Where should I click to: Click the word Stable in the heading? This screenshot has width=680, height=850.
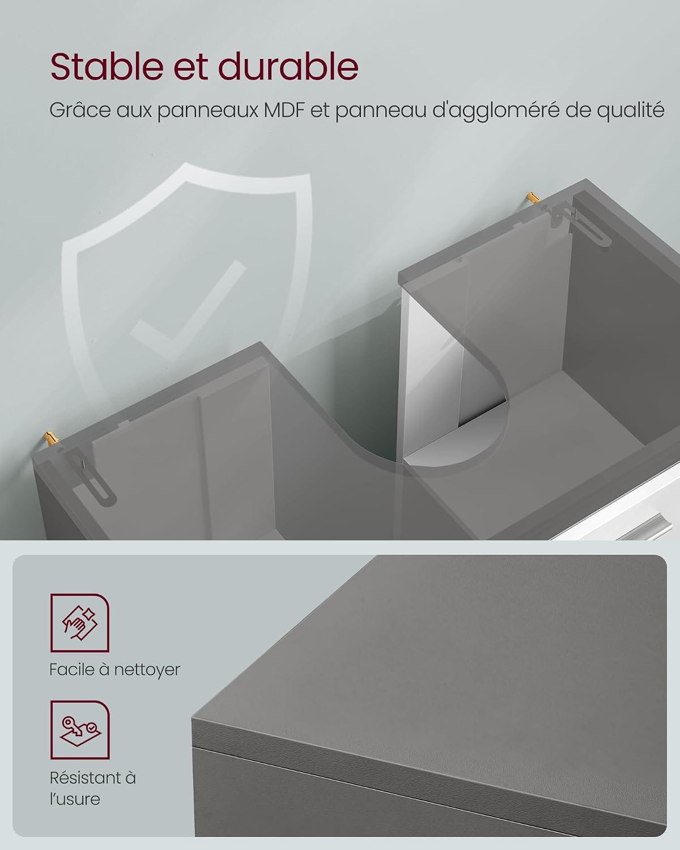[x=107, y=66]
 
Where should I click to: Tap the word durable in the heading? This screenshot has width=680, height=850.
[x=288, y=66]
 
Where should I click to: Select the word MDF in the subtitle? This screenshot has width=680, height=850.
[x=284, y=110]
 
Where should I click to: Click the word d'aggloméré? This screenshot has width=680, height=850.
[x=495, y=110]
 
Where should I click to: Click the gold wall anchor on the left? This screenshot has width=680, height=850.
[x=52, y=438]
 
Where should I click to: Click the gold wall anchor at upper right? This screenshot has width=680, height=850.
[x=533, y=197]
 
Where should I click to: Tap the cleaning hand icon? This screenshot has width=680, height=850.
[x=80, y=623]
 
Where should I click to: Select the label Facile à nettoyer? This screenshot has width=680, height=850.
[x=114, y=670]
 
